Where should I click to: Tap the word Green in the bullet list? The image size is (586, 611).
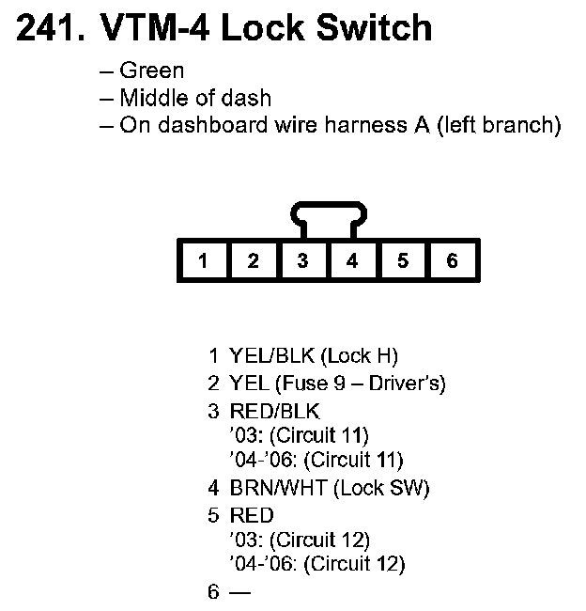pos(152,70)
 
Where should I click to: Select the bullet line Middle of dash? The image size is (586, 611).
pos(195,98)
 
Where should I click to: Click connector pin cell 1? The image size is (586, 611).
pos(203,261)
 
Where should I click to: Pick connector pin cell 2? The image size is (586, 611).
pos(253,261)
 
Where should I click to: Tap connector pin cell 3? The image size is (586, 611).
pos(302,261)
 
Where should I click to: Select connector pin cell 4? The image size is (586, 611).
pos(352,261)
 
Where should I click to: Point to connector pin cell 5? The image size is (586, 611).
pos(402,261)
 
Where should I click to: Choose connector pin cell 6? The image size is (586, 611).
pos(452,261)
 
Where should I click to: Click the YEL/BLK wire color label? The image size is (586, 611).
pos(271,356)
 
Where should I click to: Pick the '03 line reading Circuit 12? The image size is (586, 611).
pos(299,540)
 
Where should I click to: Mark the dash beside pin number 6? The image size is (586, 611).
pos(240,592)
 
